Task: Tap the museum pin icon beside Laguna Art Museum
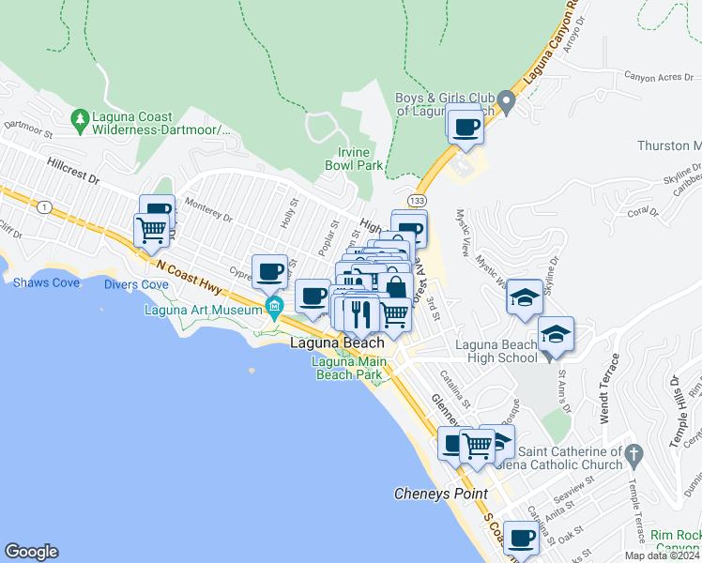pos(274,306)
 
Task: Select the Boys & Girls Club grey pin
pos(507,101)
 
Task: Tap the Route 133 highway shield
pos(414,201)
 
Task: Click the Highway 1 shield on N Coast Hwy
pos(44,206)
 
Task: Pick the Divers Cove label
pos(136,284)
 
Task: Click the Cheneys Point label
pos(440,494)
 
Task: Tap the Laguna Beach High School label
pos(496,351)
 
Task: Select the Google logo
pos(31,552)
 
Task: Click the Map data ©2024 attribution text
pos(661,555)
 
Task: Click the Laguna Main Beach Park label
pos(348,369)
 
